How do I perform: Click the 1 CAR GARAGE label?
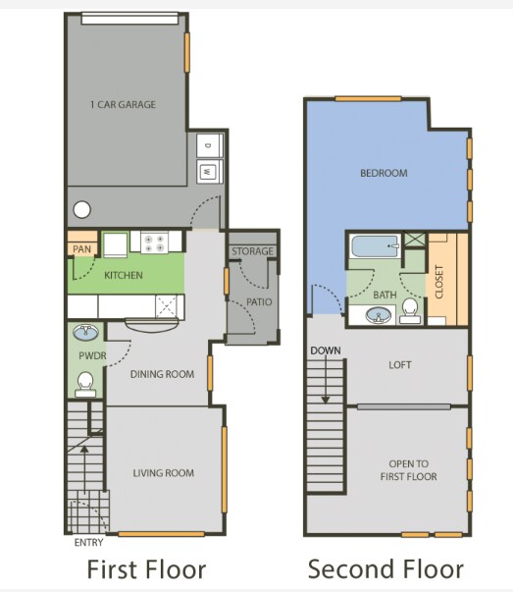(x=123, y=105)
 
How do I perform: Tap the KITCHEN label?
(x=124, y=276)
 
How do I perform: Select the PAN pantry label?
(x=80, y=249)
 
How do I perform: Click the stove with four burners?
(x=156, y=242)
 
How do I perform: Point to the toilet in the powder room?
(x=84, y=381)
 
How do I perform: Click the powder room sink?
(x=85, y=331)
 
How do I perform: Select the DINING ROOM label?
(x=163, y=374)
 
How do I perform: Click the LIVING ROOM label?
(x=163, y=473)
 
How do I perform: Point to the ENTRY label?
(x=88, y=542)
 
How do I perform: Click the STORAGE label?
(x=252, y=252)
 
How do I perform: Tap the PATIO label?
(x=259, y=301)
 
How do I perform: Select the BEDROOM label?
(x=384, y=173)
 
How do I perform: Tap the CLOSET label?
(x=438, y=282)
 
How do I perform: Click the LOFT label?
(x=400, y=365)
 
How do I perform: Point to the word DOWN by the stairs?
(x=325, y=350)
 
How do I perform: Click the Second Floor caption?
(x=385, y=568)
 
